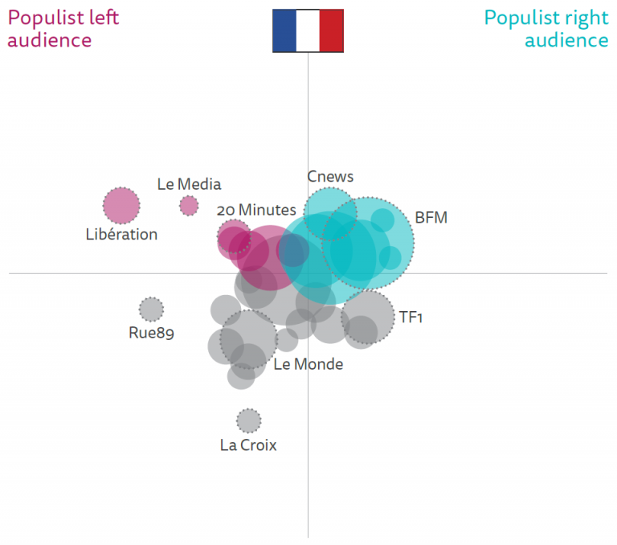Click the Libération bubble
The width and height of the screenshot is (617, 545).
[121, 206]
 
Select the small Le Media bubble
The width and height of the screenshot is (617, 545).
[189, 206]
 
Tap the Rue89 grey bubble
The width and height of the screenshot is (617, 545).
[151, 309]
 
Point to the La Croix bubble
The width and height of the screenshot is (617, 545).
[249, 420]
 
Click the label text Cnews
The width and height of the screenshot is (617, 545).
[330, 177]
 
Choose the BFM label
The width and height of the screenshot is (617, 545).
[431, 218]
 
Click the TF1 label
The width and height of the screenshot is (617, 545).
[411, 317]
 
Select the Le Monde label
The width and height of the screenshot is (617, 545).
[308, 364]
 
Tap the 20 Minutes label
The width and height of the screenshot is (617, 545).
[256, 210]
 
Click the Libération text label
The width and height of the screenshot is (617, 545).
[121, 235]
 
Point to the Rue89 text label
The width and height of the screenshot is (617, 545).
[151, 333]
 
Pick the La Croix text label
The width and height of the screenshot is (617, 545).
[248, 445]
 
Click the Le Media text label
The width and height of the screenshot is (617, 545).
[189, 184]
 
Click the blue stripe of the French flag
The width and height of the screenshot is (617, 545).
[284, 31]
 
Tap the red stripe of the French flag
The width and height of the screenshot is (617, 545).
[332, 31]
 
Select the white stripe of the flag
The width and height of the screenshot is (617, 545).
[308, 31]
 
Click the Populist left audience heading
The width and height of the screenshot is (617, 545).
[63, 29]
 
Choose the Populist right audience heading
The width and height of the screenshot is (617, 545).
[546, 29]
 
